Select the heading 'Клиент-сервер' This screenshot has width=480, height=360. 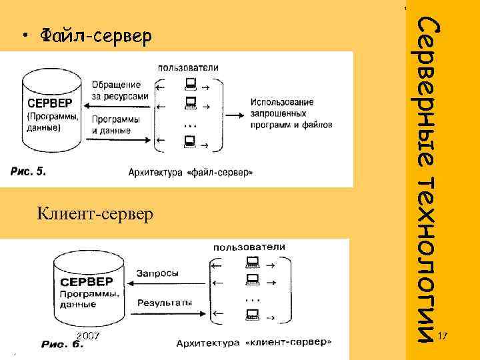[x=95, y=214]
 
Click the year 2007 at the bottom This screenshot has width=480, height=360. [x=87, y=335]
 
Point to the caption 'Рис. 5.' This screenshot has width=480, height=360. [x=28, y=171]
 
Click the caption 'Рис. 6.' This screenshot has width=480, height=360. [x=63, y=344]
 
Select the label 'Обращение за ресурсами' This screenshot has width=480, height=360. [x=117, y=91]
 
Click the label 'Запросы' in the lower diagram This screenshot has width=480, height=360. [x=157, y=273]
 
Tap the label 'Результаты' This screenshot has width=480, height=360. [x=165, y=302]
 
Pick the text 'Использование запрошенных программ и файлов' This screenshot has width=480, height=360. [x=291, y=113]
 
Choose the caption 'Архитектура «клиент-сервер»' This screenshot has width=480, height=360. [x=254, y=343]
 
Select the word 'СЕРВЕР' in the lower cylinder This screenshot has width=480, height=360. [x=87, y=281]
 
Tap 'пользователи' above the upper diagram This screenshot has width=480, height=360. [x=188, y=67]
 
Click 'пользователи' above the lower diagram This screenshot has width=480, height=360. [x=249, y=247]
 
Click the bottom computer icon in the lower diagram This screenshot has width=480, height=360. [x=252, y=312]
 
